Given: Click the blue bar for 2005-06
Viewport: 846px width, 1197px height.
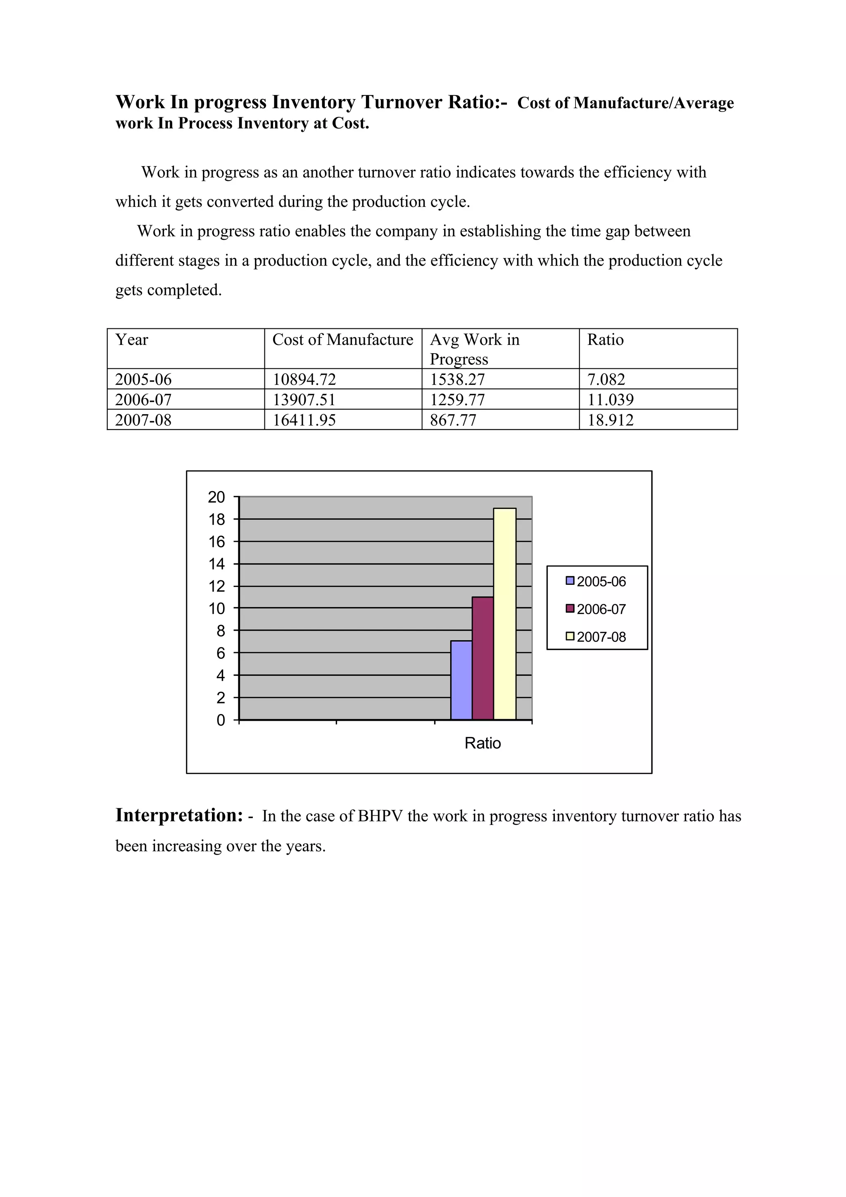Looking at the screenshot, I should [x=461, y=680].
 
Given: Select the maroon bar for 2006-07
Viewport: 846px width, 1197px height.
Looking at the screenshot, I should [x=482, y=658].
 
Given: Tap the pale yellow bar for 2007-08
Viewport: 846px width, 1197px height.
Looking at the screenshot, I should [x=504, y=614].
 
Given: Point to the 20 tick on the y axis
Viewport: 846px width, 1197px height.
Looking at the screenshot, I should [x=216, y=497].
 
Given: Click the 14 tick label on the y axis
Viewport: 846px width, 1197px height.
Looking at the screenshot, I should [x=216, y=564].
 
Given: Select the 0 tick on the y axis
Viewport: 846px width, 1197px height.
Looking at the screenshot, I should [x=221, y=720].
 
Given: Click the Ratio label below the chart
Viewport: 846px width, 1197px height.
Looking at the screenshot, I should [x=482, y=743].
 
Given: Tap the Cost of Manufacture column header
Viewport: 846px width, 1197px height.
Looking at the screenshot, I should [x=342, y=340].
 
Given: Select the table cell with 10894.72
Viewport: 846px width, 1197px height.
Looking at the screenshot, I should [x=304, y=380].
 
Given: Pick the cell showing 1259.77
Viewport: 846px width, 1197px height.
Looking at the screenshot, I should [x=457, y=400].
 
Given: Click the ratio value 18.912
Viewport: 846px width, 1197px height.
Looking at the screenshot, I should [x=611, y=420].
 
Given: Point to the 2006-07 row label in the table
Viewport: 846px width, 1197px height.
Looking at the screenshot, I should [x=143, y=400].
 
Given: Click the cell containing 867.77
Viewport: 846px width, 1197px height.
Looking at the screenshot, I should [x=453, y=420].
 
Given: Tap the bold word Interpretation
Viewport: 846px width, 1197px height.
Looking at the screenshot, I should [x=179, y=815].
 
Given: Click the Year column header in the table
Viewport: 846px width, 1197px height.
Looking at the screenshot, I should [x=131, y=340].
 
